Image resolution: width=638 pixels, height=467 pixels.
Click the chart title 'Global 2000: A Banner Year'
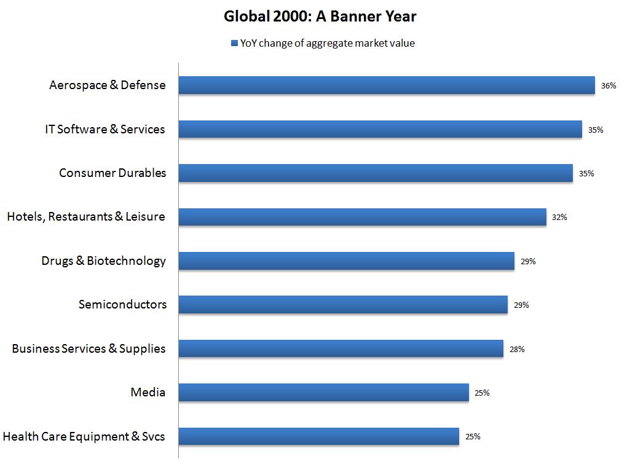coord(320,17)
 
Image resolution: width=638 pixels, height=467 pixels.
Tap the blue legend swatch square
coord(234,43)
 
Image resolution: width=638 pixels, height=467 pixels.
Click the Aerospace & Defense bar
coord(387,85)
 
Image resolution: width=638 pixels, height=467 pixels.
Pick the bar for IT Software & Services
coord(380,129)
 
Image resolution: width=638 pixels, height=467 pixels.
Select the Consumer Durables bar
coord(376,173)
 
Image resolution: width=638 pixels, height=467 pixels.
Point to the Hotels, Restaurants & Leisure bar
coord(362,217)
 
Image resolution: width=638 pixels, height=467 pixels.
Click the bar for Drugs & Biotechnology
coord(346,261)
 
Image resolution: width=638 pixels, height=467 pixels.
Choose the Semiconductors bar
coord(343,305)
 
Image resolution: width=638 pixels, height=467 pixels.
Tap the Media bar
coord(323,393)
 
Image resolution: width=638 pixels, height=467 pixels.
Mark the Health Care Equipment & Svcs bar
coord(318,436)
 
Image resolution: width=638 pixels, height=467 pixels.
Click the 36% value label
coord(608,86)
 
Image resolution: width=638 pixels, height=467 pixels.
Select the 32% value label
coord(559,218)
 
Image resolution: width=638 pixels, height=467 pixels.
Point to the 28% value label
coord(517,349)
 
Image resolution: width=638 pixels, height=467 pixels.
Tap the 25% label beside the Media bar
coord(482,393)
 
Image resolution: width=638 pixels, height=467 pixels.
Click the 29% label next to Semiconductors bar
coord(521,305)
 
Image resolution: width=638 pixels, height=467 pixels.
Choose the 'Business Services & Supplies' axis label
coord(89,349)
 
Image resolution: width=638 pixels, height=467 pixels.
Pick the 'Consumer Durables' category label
coord(112,173)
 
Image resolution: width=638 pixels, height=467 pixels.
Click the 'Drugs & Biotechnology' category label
coord(103,261)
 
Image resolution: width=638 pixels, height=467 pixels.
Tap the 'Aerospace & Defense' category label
coord(108,85)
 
